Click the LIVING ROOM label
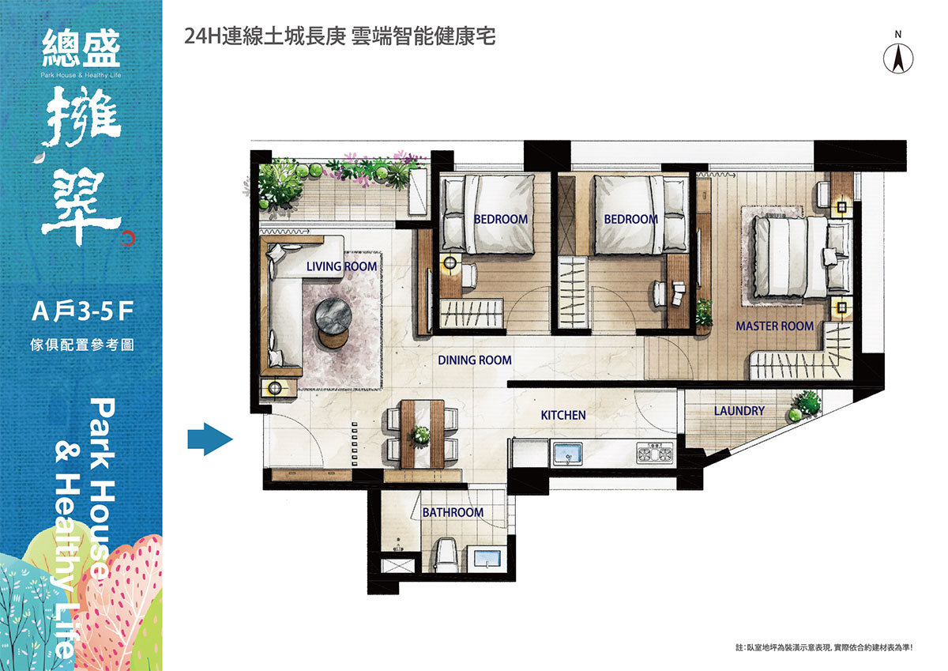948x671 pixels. point(341,266)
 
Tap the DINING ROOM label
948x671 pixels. point(475,360)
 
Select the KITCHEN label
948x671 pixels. point(563,415)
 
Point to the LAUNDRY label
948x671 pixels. point(739,411)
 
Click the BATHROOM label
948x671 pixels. point(453,512)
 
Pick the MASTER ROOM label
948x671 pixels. point(774,326)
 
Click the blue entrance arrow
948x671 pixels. point(210,439)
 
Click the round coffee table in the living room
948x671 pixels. point(333,317)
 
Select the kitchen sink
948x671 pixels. point(568,454)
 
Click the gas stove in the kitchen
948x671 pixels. point(654,452)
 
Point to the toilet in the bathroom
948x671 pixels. point(446,555)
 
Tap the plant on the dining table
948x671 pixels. point(420,435)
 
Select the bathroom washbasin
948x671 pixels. point(487,557)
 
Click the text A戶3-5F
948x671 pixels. point(83,311)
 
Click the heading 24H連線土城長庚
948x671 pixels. point(265,36)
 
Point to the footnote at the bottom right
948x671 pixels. point(824,648)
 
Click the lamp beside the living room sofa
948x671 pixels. point(275,387)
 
